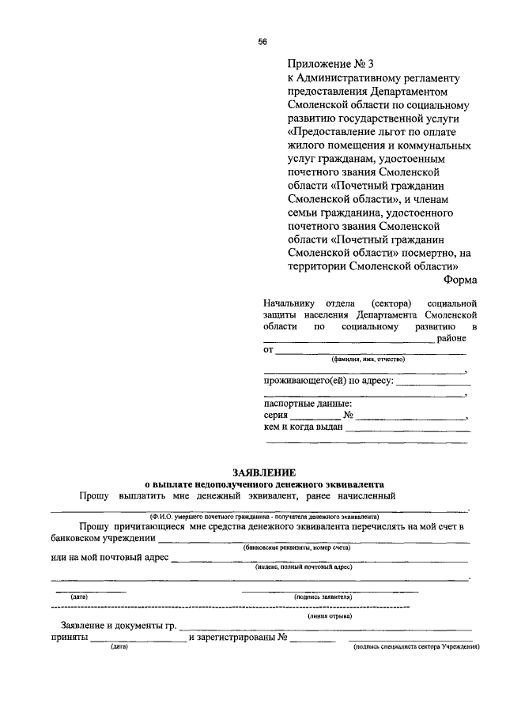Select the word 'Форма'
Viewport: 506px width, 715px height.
pos(459,279)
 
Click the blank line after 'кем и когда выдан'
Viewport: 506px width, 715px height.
pos(408,430)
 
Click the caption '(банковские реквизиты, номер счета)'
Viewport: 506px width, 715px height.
pos(296,547)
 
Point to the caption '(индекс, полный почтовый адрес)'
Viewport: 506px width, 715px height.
pos(304,567)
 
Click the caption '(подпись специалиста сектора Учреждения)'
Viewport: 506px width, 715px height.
pos(416,647)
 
